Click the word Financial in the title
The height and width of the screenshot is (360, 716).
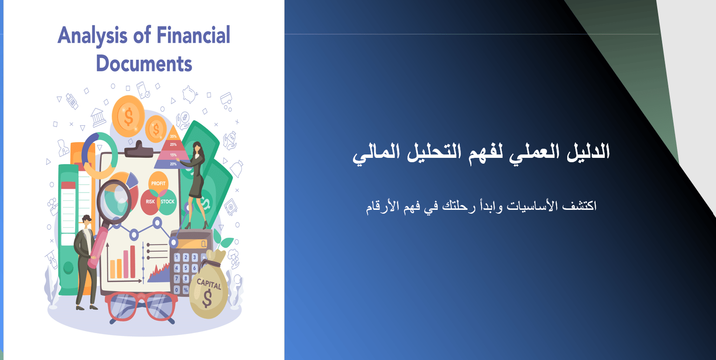[x=194, y=35]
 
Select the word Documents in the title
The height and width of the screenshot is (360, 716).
[x=144, y=63]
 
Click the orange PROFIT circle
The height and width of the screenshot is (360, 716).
[x=158, y=183]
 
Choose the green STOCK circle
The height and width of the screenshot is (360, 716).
[x=168, y=202]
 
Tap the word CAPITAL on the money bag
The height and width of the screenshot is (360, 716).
[x=208, y=283]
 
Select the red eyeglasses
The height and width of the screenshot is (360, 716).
[x=141, y=307]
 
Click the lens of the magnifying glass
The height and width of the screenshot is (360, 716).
[x=114, y=201]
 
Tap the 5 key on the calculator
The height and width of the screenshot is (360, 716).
[x=186, y=268]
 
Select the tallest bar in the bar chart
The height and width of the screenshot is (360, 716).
[x=132, y=262]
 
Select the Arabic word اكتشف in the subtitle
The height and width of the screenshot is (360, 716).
[x=580, y=206]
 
